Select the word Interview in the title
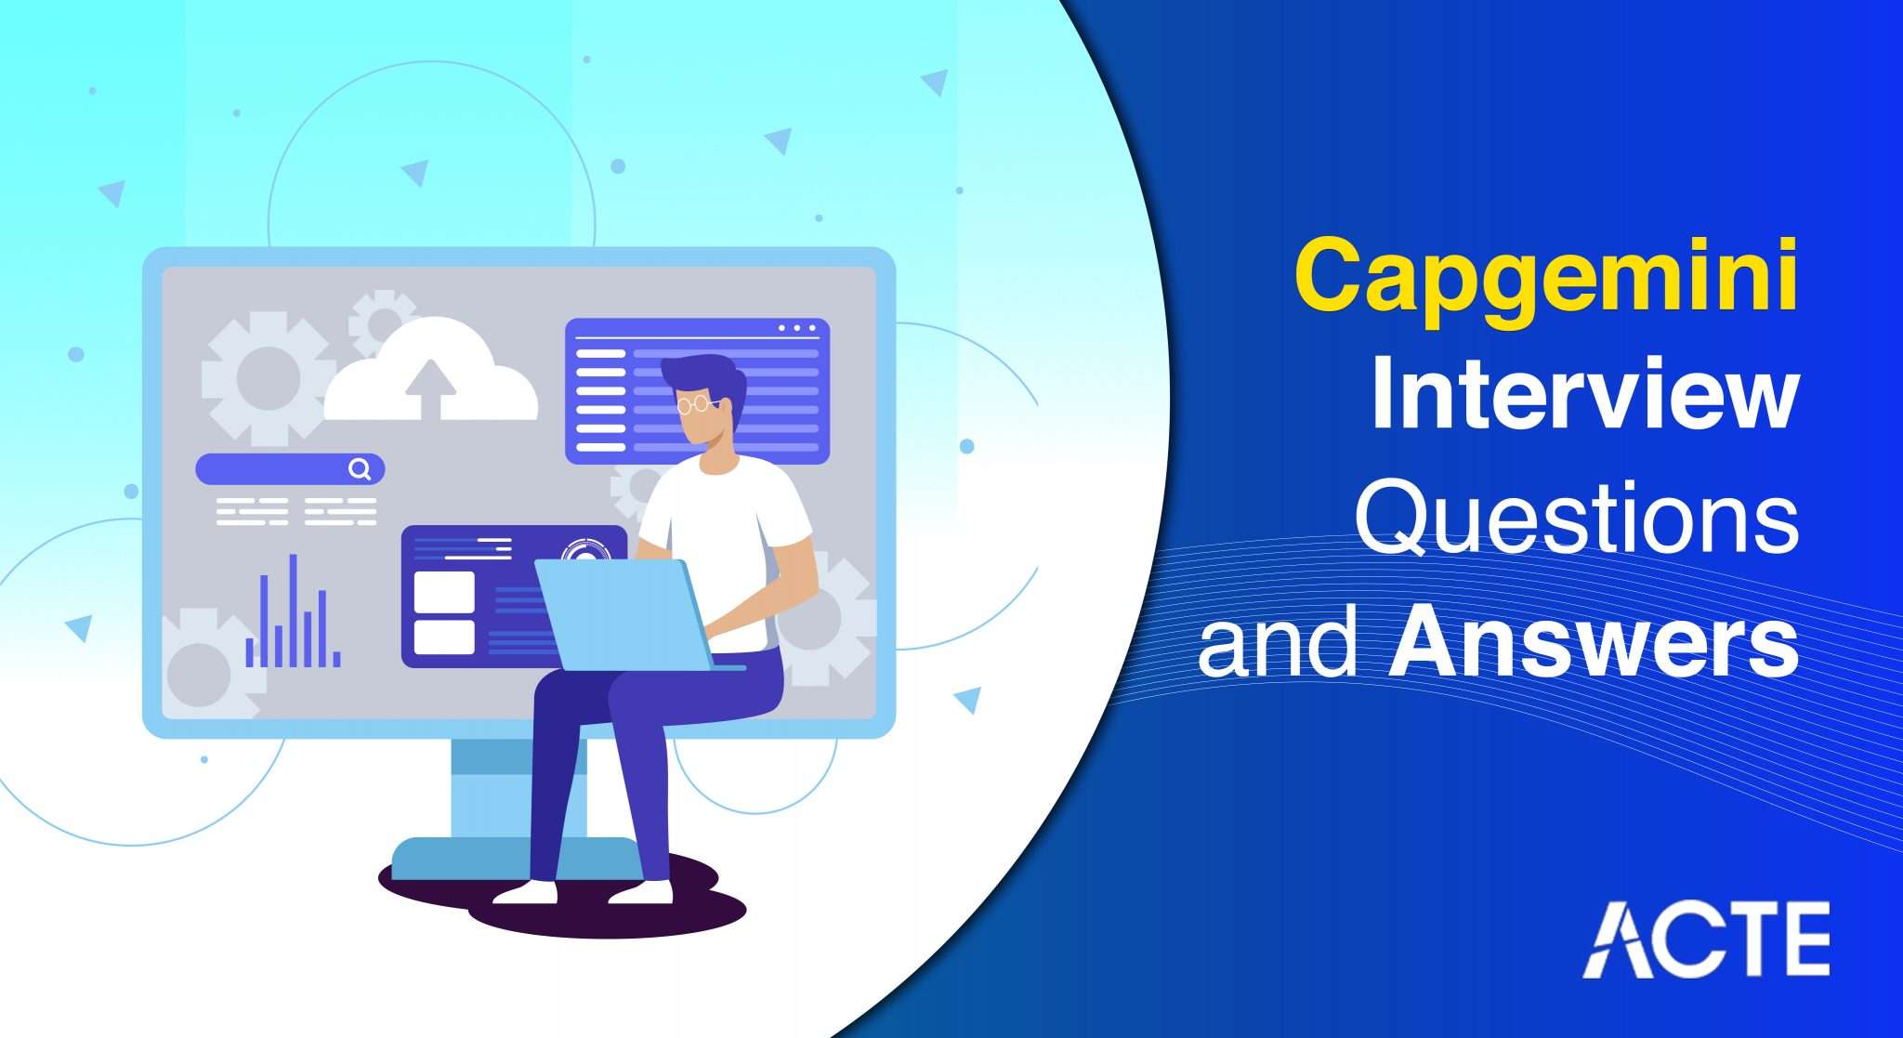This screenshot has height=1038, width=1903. tap(1583, 400)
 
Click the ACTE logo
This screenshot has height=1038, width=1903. tap(1705, 939)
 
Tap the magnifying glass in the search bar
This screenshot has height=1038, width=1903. tap(360, 469)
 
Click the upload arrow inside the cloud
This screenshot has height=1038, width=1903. tap(430, 388)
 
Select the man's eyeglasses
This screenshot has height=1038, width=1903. tap(696, 404)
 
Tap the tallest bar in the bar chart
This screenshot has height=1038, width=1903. tap(294, 610)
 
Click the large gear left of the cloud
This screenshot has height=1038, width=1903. tap(268, 378)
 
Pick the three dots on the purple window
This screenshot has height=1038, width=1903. tap(797, 328)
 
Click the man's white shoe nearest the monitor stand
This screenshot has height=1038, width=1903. tap(526, 893)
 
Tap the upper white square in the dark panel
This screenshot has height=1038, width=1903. tap(444, 591)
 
